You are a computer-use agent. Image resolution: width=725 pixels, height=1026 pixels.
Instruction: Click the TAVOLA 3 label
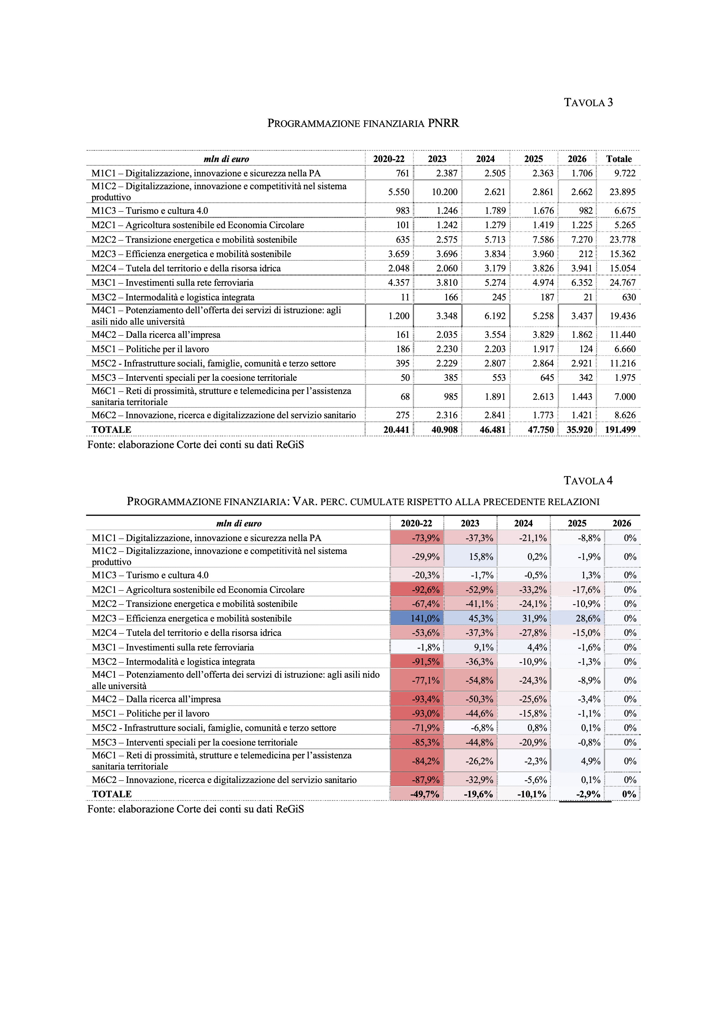pos(588,103)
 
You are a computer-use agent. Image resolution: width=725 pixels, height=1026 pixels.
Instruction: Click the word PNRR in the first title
pos(443,123)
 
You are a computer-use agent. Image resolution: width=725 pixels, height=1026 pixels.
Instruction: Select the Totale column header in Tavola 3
pos(619,159)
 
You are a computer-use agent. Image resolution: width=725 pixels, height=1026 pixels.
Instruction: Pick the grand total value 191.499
pos(620,430)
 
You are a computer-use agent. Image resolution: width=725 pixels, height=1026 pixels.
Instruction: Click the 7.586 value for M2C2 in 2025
pos(543,240)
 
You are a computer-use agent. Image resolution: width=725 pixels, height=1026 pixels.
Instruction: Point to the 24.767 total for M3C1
pos(622,283)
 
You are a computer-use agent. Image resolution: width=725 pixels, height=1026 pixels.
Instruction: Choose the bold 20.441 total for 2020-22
pos(396,430)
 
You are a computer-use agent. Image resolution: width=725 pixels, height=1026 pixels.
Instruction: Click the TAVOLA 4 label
pos(588,481)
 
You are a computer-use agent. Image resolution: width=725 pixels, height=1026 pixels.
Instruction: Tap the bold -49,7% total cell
pos(424,794)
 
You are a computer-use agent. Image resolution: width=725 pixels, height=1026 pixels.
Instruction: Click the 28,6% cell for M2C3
pos(588,619)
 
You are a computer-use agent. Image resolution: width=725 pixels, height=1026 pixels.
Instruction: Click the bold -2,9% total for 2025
pos(588,794)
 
